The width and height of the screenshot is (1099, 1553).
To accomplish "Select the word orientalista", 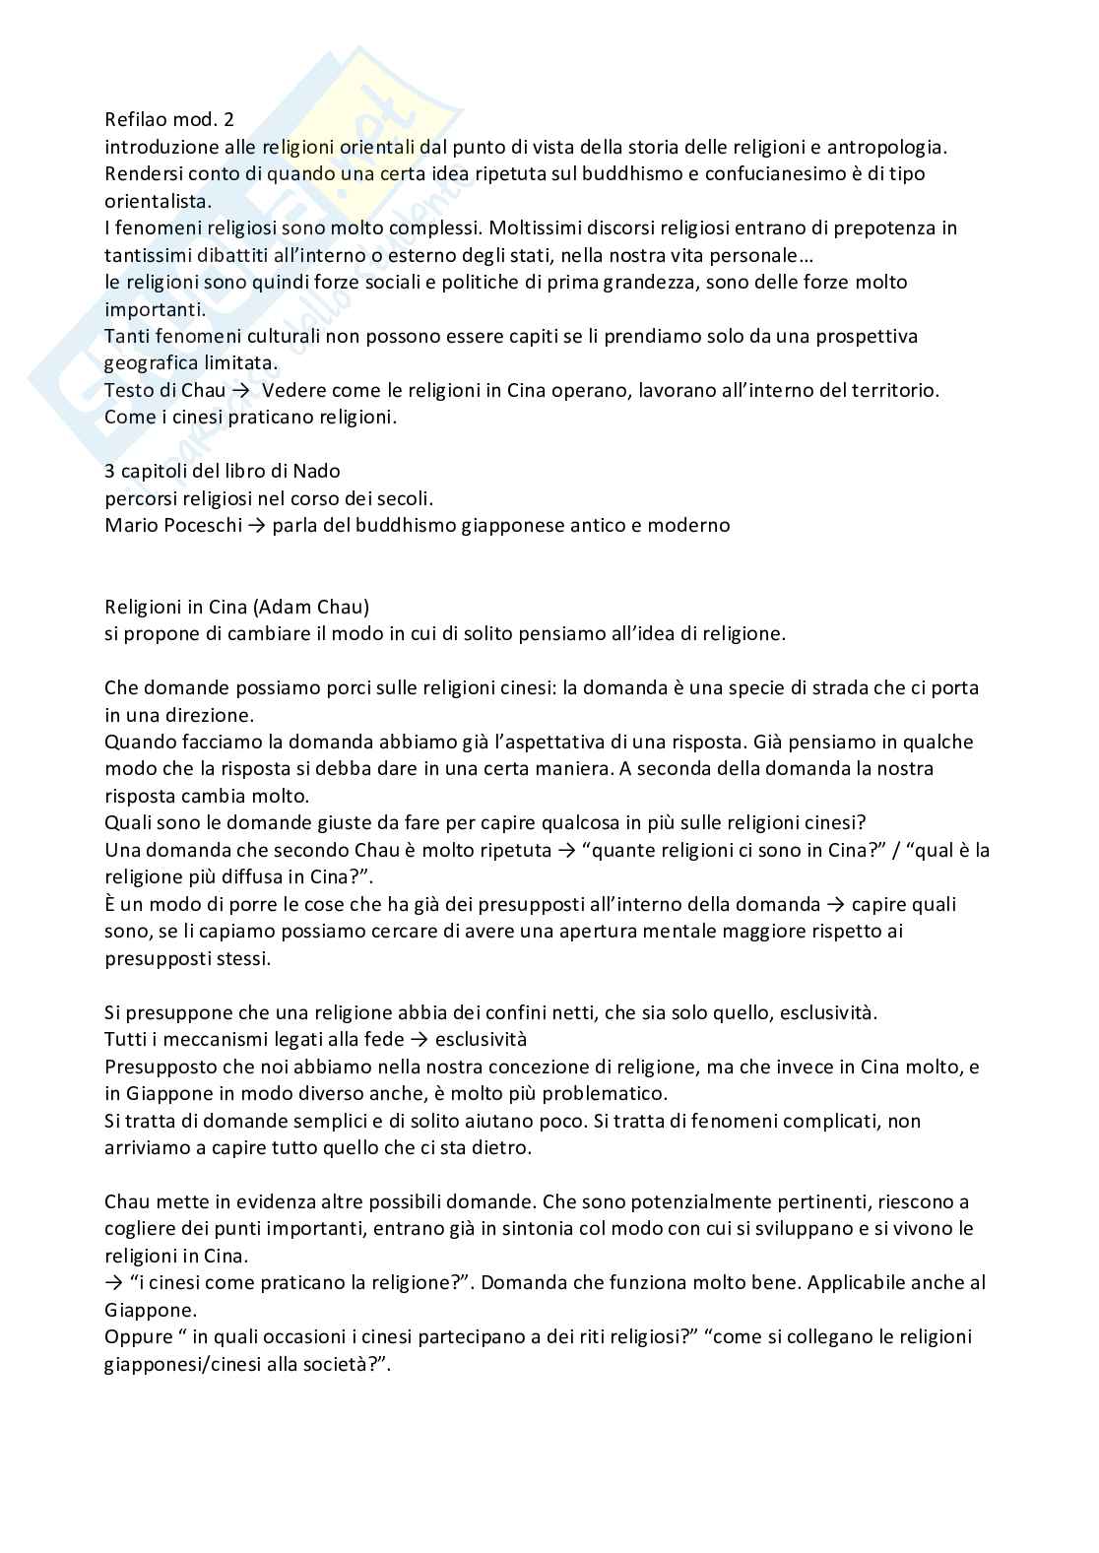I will pos(157,201).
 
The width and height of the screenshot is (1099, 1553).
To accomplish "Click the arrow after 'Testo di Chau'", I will pos(241,390).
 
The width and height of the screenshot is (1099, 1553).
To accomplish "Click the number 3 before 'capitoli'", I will pos(110,471).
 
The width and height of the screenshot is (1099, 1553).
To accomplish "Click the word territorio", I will pos(894,390).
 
